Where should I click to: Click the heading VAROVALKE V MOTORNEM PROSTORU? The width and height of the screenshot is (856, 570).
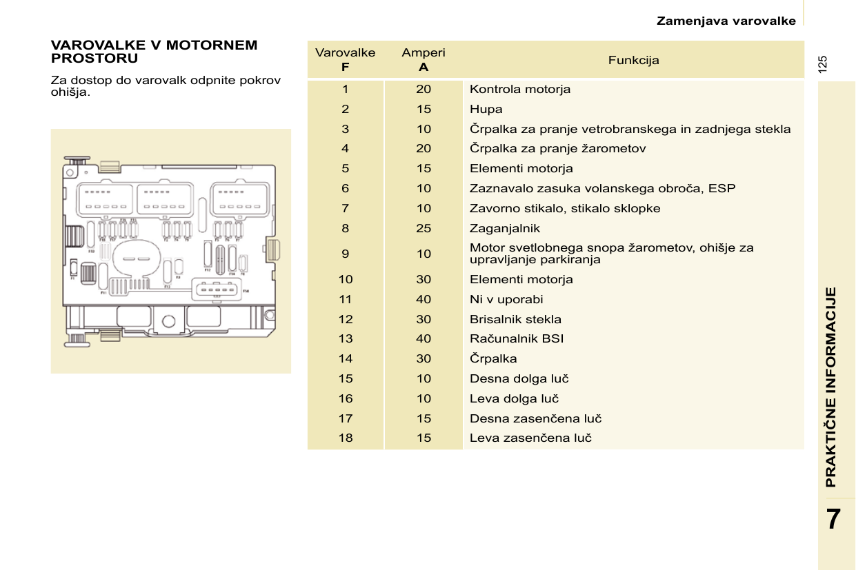(154, 52)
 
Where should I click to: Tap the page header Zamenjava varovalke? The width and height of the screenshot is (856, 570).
(726, 21)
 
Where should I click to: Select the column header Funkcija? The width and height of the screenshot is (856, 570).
(633, 60)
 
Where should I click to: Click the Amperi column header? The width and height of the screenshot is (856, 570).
(424, 60)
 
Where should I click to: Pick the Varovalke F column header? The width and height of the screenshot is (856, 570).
(345, 60)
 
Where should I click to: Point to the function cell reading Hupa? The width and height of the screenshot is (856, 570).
(486, 109)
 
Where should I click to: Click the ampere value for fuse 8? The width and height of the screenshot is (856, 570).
(424, 228)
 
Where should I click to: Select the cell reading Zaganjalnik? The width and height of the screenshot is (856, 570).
(505, 228)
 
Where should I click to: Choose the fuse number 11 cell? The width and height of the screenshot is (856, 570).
(345, 299)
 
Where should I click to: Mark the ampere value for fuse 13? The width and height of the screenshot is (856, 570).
(424, 338)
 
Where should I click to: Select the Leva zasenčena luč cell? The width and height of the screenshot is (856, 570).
(530, 438)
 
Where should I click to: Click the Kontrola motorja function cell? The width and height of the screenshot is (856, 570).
(520, 89)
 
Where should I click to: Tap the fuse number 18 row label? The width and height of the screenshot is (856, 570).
(345, 438)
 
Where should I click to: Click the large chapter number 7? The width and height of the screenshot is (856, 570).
(833, 518)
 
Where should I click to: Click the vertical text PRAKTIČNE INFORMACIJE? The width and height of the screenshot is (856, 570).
(831, 387)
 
